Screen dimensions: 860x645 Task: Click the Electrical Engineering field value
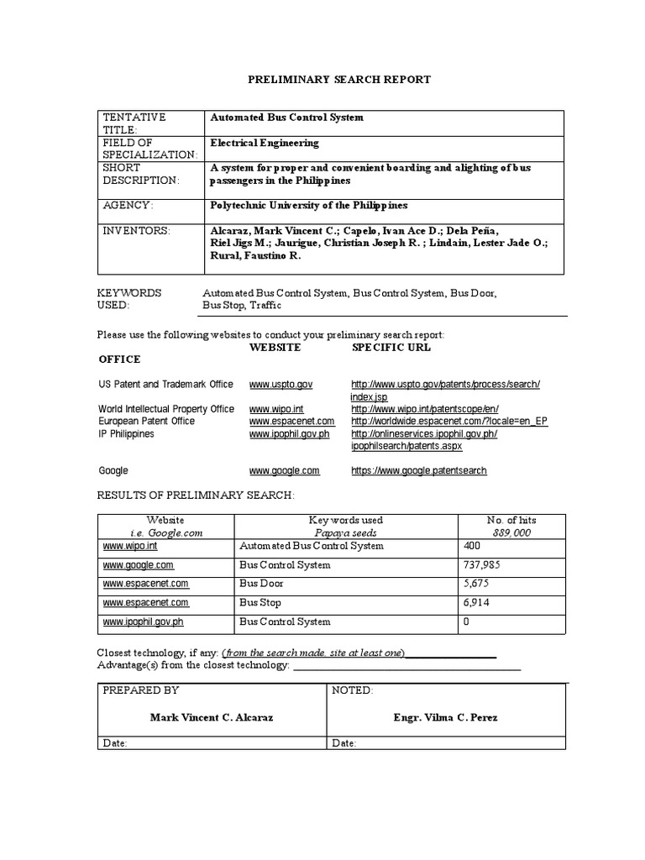[264, 143]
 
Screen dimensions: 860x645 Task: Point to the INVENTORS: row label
[136, 230]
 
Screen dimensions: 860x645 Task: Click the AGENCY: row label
[128, 205]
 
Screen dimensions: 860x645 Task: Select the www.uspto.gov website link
[281, 384]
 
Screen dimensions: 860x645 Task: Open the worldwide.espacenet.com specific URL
[449, 421]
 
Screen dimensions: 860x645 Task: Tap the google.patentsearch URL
[418, 471]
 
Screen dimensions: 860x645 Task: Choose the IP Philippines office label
[126, 433]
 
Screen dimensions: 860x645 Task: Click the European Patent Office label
[146, 421]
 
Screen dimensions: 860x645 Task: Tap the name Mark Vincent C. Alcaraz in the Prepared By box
[211, 718]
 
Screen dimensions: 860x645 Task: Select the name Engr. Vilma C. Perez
[445, 718]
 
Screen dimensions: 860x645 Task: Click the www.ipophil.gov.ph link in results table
[143, 622]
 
